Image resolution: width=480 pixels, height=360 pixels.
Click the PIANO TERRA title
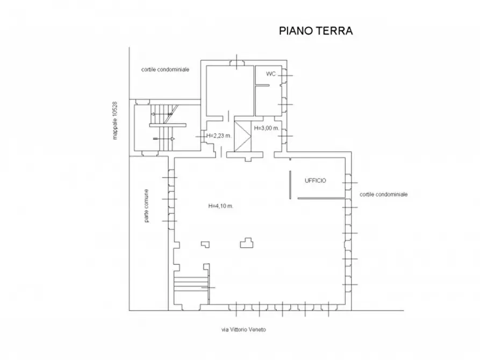316,31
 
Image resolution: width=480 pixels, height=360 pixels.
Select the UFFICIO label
316,181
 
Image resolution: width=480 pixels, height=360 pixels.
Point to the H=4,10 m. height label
220,206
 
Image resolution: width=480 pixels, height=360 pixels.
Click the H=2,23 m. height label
219,135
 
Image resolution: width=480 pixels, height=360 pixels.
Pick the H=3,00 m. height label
267,128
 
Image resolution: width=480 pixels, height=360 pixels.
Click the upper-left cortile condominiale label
165,69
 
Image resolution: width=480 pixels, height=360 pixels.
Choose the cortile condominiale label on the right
384,194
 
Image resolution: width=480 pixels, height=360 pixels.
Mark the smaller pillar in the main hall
205,244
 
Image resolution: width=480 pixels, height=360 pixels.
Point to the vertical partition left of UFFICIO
289,184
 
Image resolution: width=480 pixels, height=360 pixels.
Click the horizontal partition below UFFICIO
321,199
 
